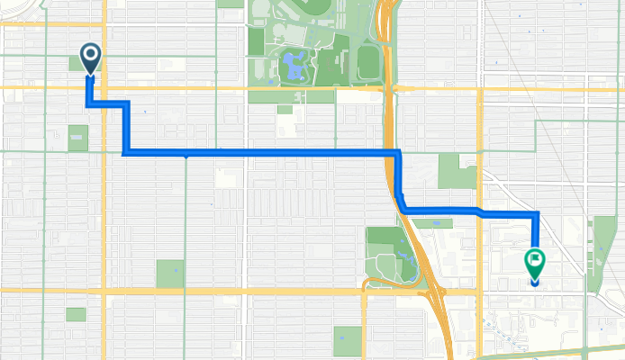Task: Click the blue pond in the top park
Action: click(x=292, y=65)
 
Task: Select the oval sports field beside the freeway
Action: click(x=367, y=62)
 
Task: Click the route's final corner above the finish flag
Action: click(x=537, y=214)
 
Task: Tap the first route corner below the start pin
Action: click(x=90, y=105)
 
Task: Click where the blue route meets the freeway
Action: click(x=394, y=154)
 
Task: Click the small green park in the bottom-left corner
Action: click(x=76, y=315)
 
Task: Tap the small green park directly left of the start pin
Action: click(x=76, y=63)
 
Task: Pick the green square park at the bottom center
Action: click(x=348, y=341)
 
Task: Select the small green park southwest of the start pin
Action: click(x=78, y=138)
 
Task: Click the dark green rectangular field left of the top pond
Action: click(x=257, y=40)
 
